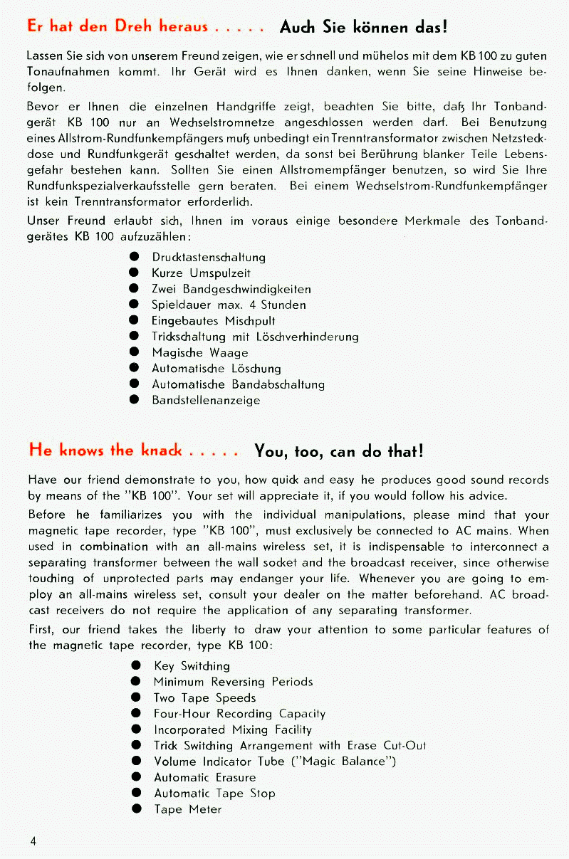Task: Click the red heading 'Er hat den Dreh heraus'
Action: [117, 27]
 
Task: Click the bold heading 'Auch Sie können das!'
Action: [363, 28]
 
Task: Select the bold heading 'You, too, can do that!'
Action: [339, 451]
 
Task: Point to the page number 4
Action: [33, 840]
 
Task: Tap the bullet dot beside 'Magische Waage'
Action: [133, 353]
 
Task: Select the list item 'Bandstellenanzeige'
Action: [206, 400]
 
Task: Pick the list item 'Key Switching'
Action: [192, 666]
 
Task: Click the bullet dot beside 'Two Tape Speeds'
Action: [135, 698]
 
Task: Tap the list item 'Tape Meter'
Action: [188, 809]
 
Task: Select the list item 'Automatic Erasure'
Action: [205, 777]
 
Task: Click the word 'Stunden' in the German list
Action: [283, 305]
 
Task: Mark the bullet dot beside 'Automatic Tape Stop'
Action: [135, 794]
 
